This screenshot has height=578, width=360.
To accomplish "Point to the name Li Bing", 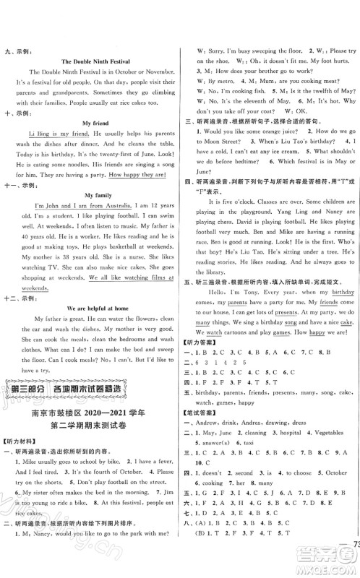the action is point(39,135).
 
